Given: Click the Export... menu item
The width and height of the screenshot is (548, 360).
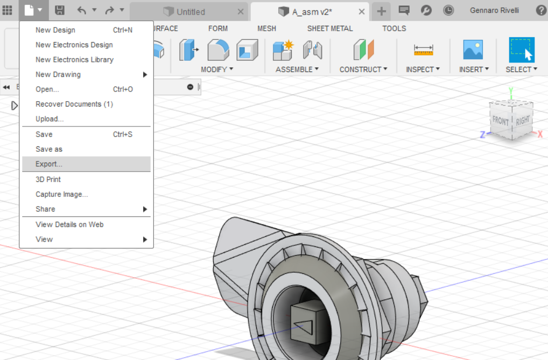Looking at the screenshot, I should (x=49, y=164).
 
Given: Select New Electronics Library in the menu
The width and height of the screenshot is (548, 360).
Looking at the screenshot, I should (x=74, y=60).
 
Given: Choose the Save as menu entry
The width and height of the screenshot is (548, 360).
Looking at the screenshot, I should (x=49, y=149).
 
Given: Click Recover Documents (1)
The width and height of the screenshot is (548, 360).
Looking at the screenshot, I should (x=74, y=104).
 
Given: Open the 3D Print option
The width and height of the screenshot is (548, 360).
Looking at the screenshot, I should (x=48, y=179).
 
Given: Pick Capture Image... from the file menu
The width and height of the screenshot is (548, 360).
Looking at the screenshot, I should (x=61, y=194).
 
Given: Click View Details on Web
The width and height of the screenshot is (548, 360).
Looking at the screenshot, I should (x=69, y=224).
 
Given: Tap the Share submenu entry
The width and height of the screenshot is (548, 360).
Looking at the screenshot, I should (x=45, y=209).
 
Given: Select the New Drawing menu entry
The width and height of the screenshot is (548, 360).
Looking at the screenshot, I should (x=58, y=74).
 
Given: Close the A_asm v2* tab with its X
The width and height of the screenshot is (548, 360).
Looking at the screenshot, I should (x=362, y=11).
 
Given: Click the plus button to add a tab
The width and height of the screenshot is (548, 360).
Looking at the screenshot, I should (x=381, y=11).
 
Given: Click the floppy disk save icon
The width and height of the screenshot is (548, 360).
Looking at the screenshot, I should (x=60, y=10).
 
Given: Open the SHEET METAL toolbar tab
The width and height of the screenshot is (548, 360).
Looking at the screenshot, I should (x=330, y=29).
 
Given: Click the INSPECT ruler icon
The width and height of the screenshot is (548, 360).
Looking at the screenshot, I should (x=423, y=50).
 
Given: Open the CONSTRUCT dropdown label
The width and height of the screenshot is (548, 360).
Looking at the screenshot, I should (x=363, y=69).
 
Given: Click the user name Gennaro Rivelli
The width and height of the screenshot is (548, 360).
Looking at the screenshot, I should (x=494, y=10).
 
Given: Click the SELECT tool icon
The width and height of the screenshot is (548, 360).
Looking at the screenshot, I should (x=522, y=50).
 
